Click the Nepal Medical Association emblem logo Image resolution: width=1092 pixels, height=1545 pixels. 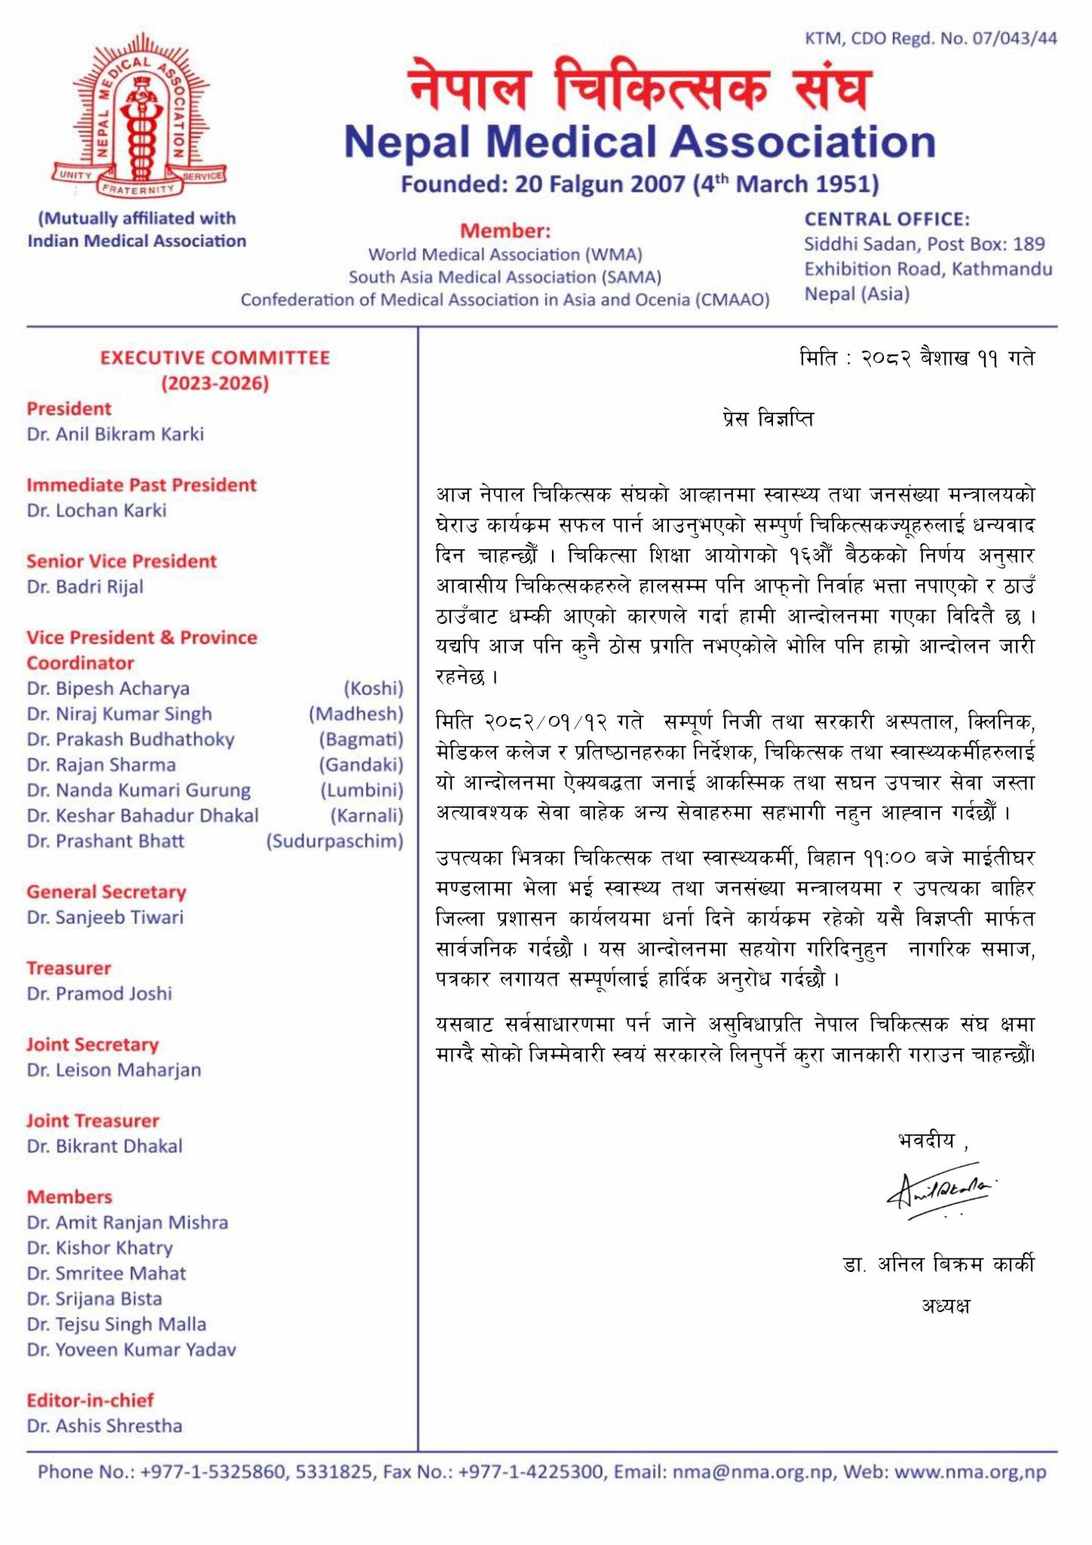[139, 121]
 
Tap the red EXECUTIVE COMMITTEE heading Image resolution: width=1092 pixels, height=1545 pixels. [215, 358]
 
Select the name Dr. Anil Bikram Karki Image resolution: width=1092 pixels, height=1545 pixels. [115, 435]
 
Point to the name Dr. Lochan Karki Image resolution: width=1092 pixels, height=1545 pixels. [97, 511]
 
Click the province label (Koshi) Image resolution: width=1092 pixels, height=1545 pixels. [373, 689]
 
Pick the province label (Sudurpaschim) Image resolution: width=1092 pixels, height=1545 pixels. [334, 841]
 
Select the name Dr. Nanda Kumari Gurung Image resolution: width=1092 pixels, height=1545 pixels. [139, 791]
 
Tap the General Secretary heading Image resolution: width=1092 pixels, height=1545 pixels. [106, 892]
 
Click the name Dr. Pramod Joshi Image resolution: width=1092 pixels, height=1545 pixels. [100, 994]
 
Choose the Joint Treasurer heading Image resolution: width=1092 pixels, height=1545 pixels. [93, 1120]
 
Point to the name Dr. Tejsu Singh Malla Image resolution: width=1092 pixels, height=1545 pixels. [117, 1324]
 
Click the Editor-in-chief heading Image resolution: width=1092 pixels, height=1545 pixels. [90, 1400]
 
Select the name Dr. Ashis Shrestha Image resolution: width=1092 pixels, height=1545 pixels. [105, 1426]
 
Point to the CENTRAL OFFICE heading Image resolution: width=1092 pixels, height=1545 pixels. [886, 219]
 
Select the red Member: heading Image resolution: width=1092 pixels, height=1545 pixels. [505, 231]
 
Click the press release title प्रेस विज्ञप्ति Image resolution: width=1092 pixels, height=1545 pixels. [767, 419]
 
